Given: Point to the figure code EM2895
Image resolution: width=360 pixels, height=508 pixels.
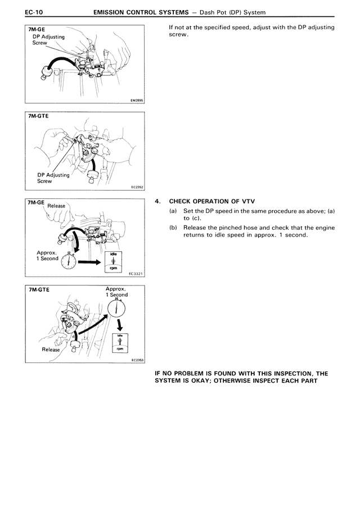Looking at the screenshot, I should pos(136,101).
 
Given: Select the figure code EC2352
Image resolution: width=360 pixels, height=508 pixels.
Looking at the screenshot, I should pos(136,188).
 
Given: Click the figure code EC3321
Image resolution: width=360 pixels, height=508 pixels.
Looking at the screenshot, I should pos(136,274).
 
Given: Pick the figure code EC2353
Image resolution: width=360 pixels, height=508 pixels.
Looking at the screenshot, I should pos(136,360).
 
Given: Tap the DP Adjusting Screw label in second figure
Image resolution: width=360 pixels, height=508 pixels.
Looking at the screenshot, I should pos(53,178).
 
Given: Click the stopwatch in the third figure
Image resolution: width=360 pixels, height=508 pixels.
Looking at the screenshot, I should pos(68,261).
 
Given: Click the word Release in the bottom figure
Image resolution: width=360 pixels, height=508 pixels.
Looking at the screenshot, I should pos(52,350).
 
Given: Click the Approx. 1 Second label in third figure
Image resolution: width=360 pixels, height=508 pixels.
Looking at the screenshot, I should pos(47,256).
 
